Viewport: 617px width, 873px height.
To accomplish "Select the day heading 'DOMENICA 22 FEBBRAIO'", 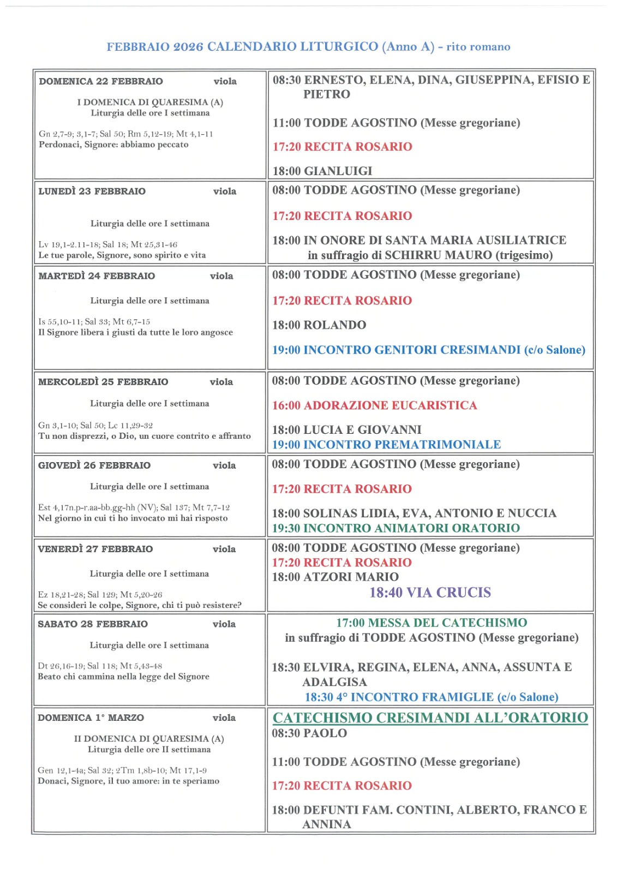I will point(101,81).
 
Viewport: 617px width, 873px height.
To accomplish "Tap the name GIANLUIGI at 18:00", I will point(338,171).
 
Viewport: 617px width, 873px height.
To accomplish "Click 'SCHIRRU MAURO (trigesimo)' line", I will point(430,255).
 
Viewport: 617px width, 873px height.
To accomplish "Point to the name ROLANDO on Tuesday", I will point(334,325).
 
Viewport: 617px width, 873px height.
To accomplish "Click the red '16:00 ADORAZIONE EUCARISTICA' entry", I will point(374,405).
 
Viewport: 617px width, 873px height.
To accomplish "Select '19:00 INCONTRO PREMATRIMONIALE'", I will point(386,445).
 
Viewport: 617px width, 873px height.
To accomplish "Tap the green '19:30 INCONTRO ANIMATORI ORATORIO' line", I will point(396,528).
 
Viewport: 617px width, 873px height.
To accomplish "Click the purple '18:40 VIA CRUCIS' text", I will point(430,593).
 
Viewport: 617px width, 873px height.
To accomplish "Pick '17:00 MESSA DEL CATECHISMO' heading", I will point(432,623).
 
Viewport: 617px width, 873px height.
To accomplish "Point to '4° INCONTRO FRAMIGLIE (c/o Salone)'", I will point(432,697).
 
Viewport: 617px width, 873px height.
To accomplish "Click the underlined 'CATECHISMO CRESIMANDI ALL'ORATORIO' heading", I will point(430,717).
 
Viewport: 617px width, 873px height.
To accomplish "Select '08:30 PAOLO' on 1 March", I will point(309,733).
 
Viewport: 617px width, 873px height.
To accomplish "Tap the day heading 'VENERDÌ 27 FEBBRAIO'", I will point(95,549).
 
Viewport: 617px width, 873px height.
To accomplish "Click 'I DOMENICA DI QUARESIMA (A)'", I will point(150,102).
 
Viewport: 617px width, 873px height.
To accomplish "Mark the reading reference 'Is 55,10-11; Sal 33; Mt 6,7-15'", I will point(94,322).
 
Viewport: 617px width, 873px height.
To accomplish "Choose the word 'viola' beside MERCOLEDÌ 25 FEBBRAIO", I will point(221,382).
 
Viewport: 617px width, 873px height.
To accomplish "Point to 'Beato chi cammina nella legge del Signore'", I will point(123,677).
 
